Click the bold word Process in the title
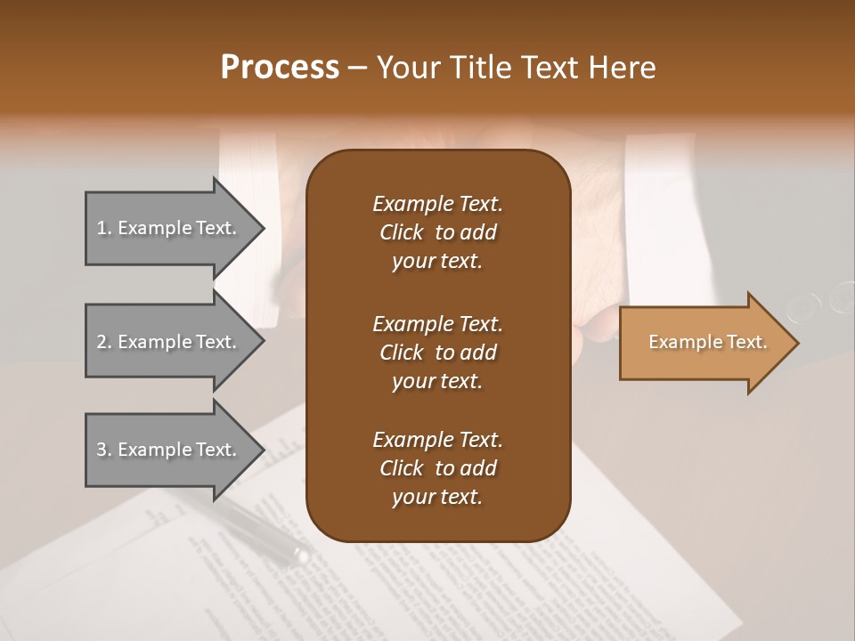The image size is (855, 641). coord(280,67)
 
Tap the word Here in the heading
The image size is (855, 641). coord(623,67)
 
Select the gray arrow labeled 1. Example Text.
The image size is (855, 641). coord(169,228)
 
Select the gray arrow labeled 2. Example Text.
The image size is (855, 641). coord(169,342)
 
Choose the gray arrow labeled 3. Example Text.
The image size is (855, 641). coord(169,450)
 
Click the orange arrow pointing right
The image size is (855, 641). coord(704,343)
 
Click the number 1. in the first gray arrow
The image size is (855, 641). coord(104,228)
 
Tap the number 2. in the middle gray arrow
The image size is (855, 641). coord(104,342)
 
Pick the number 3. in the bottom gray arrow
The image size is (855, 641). coord(104,450)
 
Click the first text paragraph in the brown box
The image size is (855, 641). coord(437,232)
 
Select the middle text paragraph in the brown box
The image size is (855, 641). coord(437,352)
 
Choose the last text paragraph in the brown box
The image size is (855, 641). coord(437,468)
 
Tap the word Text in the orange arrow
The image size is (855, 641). coord(746,342)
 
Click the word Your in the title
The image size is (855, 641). coord(404,67)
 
